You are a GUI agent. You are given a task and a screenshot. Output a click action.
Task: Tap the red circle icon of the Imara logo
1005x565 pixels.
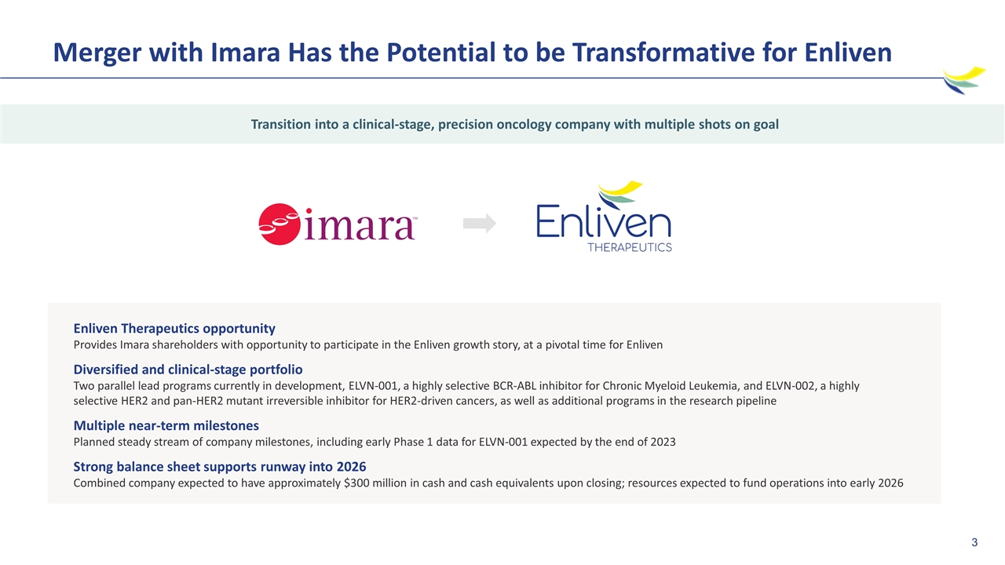coord(280,224)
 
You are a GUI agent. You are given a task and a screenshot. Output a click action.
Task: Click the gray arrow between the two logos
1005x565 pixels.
coord(480,223)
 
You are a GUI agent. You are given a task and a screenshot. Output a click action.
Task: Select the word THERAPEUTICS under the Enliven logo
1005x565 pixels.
coord(630,247)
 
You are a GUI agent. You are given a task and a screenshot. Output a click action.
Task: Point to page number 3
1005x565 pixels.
coord(974,542)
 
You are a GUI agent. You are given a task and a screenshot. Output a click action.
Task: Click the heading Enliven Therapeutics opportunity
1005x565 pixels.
coord(174,329)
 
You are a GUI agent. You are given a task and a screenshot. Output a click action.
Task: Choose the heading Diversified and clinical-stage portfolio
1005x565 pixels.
coord(188,370)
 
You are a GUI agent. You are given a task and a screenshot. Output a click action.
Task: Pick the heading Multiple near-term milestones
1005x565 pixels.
coord(166,425)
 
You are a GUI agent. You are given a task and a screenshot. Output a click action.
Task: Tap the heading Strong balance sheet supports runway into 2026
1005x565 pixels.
coord(220,467)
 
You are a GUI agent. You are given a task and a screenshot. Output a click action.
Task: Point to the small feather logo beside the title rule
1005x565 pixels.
coord(963,80)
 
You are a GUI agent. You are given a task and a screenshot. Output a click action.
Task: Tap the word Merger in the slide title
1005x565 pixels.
coord(97,53)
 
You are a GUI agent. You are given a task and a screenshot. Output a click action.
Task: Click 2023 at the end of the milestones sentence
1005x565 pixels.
coord(663,442)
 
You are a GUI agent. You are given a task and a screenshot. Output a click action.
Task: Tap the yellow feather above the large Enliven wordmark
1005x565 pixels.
coord(621,188)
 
